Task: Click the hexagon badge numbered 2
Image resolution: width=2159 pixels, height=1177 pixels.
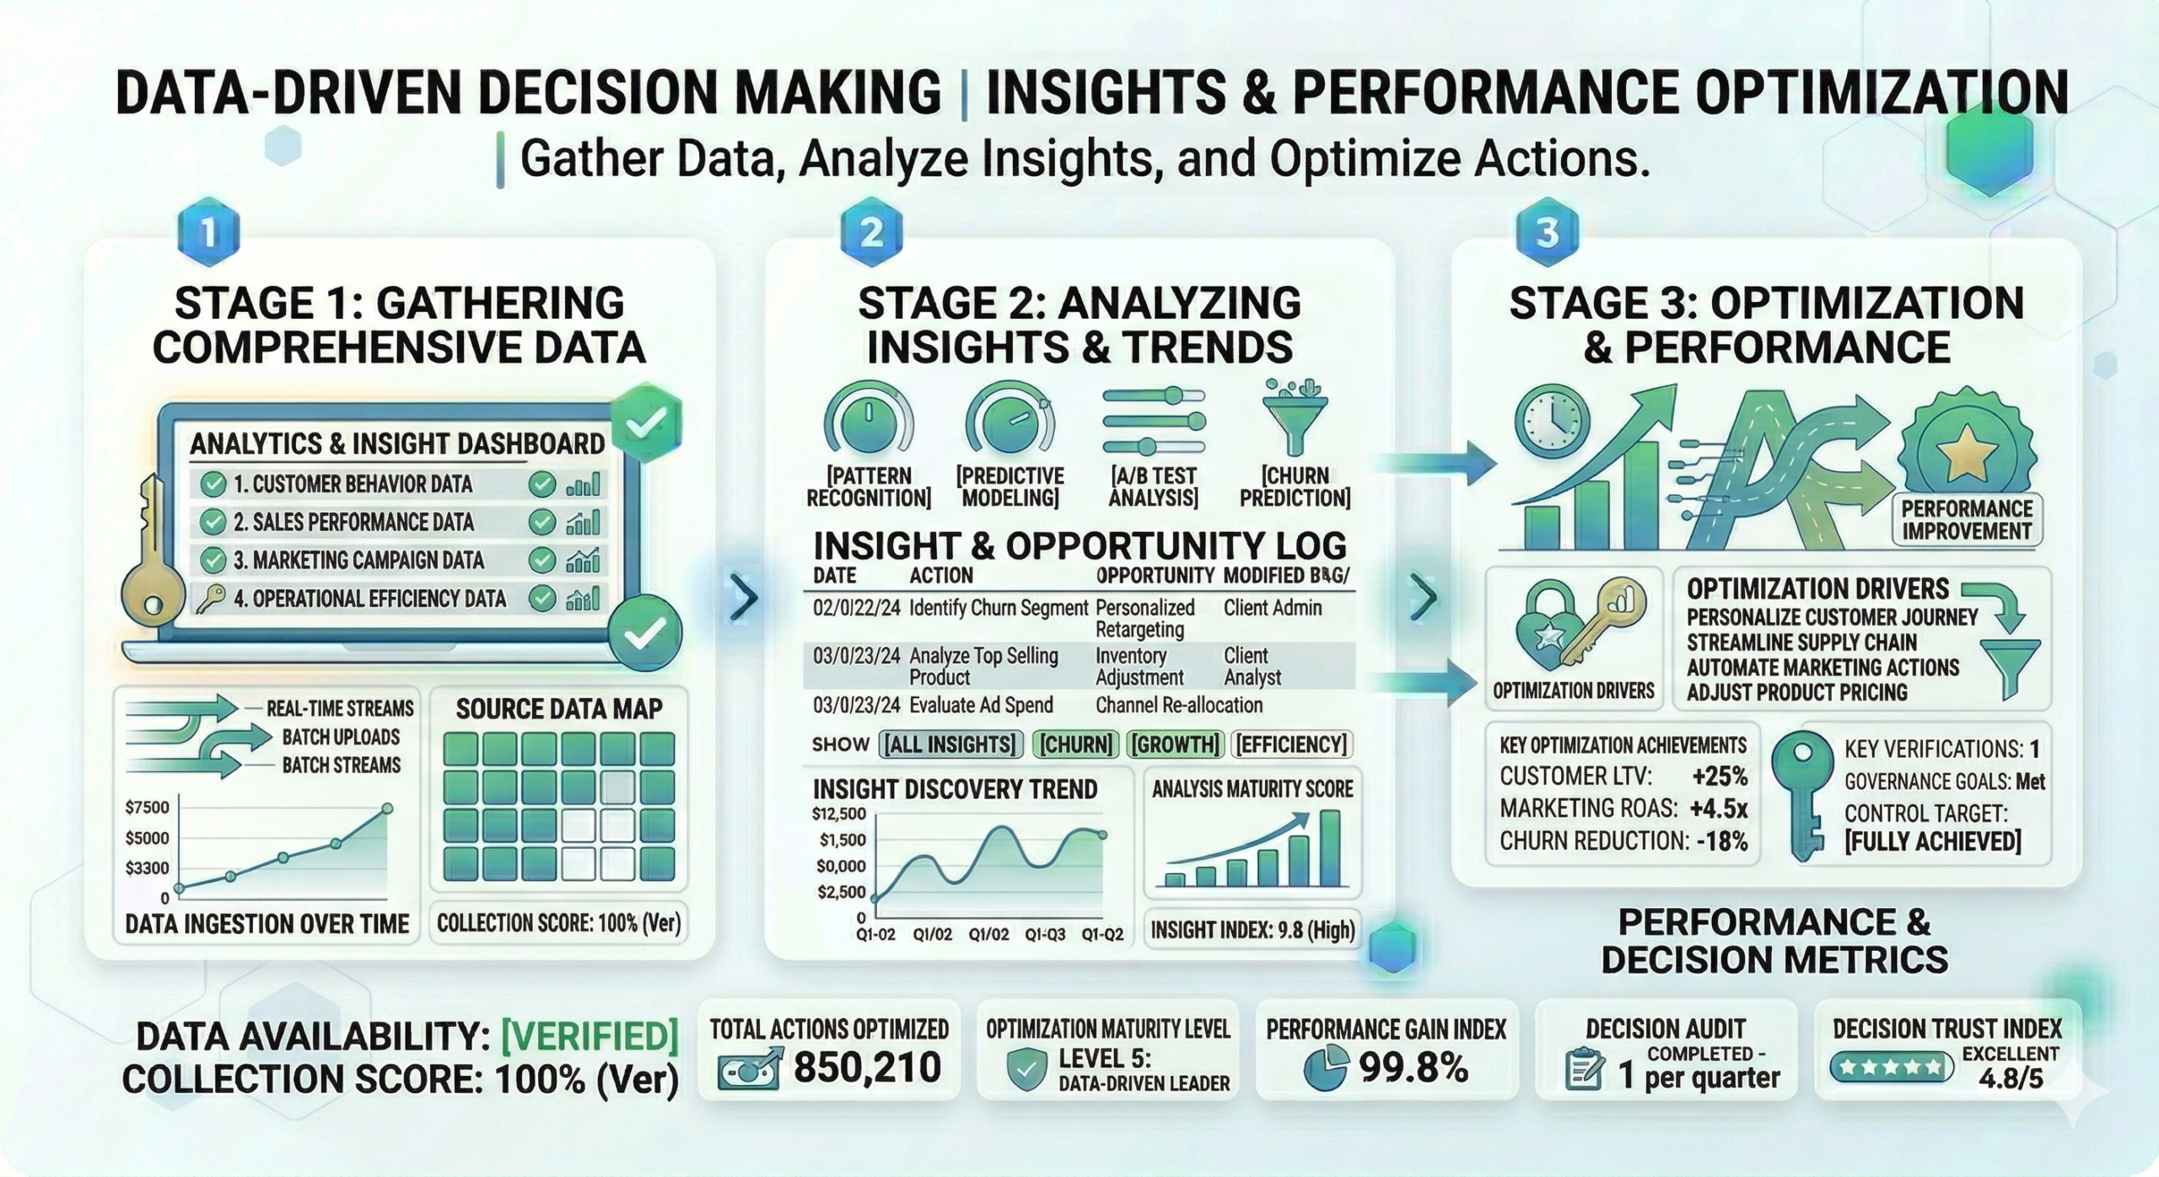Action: click(871, 232)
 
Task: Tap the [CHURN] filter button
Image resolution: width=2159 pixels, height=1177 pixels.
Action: click(1075, 744)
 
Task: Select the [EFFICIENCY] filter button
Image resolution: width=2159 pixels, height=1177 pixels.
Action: click(1292, 744)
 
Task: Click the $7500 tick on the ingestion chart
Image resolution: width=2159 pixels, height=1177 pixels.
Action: click(147, 808)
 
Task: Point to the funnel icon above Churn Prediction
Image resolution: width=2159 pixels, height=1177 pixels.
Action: click(1295, 419)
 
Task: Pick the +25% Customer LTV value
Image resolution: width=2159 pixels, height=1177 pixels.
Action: click(1720, 777)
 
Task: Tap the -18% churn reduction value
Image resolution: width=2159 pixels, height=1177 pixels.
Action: click(1720, 841)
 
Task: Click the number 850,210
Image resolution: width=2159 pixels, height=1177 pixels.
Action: click(867, 1068)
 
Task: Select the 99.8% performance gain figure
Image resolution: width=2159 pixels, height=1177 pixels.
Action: click(1413, 1068)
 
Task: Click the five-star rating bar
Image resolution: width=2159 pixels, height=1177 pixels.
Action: click(1891, 1067)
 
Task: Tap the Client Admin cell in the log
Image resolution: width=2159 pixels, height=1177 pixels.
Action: click(1273, 608)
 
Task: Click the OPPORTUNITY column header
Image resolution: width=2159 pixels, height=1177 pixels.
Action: click(1155, 576)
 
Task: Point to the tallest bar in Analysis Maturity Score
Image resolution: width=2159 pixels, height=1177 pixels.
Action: click(1330, 848)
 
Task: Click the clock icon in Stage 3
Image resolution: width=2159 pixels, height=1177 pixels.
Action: click(1552, 420)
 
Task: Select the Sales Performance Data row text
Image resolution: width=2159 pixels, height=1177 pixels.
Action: click(353, 523)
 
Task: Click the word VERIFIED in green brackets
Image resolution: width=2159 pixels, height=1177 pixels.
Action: click(590, 1037)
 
